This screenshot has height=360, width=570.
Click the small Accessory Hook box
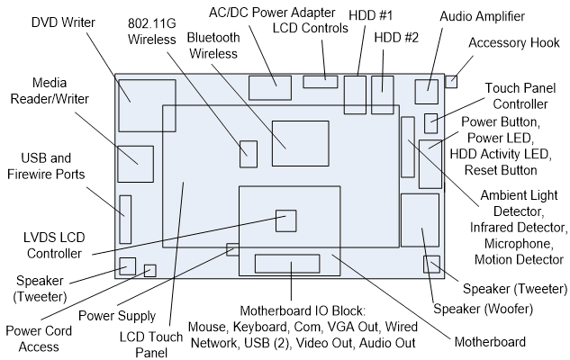[452, 82]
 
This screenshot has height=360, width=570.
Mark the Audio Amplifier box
[426, 92]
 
